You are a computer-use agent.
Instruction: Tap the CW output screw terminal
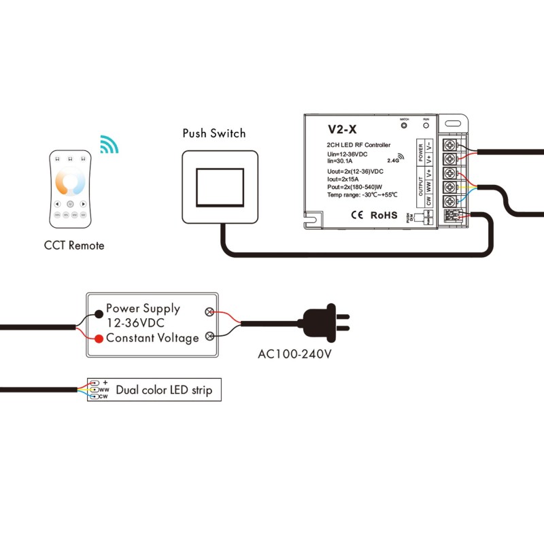tap(449, 201)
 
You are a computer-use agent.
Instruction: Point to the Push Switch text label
tap(214, 133)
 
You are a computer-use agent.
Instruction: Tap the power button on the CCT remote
tap(70, 203)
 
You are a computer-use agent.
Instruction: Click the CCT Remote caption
tap(74, 245)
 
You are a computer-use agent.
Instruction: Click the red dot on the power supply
tap(99, 338)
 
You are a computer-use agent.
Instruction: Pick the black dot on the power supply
tap(99, 313)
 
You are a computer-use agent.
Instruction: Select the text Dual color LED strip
tap(164, 390)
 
